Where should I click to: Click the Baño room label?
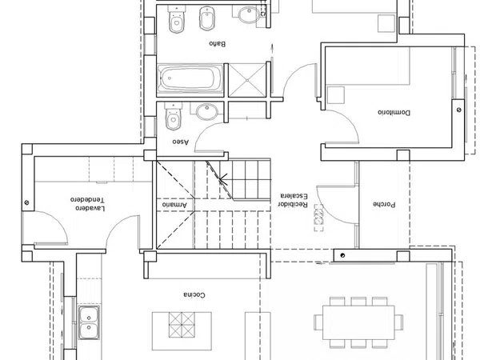pyautogui.click(x=218, y=43)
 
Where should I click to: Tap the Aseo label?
pyautogui.click(x=180, y=142)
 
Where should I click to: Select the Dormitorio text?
pyautogui.click(x=394, y=112)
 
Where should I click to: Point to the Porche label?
pyautogui.click(x=384, y=204)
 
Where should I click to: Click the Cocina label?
pyautogui.click(x=194, y=294)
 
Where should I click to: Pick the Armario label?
pyautogui.click(x=174, y=205)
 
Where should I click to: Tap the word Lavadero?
pyautogui.click(x=90, y=208)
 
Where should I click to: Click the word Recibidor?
pyautogui.click(x=293, y=204)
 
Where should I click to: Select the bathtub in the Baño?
pyautogui.click(x=190, y=78)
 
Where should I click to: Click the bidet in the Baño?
pyautogui.click(x=207, y=18)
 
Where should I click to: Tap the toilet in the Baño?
pyautogui.click(x=177, y=19)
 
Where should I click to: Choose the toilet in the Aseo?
pyautogui.click(x=174, y=116)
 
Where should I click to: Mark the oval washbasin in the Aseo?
pyautogui.click(x=207, y=112)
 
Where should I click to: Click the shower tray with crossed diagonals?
pyautogui.click(x=247, y=80)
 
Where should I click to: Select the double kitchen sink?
pyautogui.click(x=89, y=322)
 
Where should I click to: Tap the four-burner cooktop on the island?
pyautogui.click(x=182, y=325)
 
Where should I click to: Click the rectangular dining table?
pyautogui.click(x=358, y=322)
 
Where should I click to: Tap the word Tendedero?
pyautogui.click(x=87, y=199)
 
